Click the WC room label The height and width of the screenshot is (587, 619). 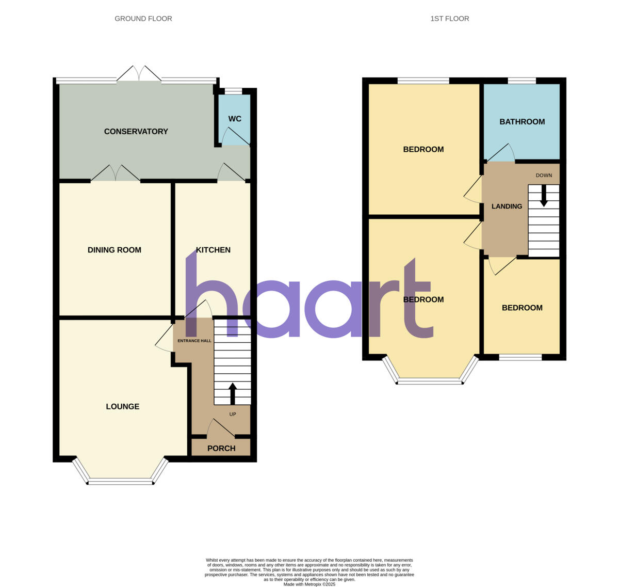pos(235,119)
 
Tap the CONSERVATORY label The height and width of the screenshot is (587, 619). pos(136,132)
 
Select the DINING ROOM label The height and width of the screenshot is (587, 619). pos(115,250)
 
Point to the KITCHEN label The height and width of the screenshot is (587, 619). pos(213,250)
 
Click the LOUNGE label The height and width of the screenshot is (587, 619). pos(123,406)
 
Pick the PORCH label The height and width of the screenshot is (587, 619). pos(221,448)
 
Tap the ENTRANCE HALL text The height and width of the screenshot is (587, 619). pos(194,341)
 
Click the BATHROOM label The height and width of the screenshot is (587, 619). pos(522,122)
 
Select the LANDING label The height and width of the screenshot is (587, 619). pos(507,207)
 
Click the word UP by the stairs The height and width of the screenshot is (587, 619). pos(233,414)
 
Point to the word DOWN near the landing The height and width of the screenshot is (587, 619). pos(544,176)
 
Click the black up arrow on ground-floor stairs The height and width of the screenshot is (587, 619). pos(233,393)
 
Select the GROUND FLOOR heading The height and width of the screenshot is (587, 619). pos(143,19)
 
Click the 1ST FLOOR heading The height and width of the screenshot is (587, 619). pos(450,19)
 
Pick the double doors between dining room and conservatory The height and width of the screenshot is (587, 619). pos(116,174)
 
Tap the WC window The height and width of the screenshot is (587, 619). pos(234,91)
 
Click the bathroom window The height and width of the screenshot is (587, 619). pos(522,81)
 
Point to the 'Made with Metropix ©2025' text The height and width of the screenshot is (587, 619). pos(309,584)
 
